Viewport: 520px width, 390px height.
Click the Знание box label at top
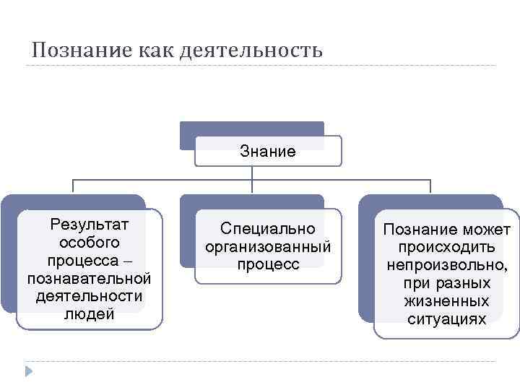(268, 152)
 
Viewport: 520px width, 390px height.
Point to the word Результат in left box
(89, 223)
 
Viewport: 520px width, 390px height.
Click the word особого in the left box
(89, 241)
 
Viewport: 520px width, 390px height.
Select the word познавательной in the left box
(89, 277)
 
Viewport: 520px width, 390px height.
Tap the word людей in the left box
(89, 313)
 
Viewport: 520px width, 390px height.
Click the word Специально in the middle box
(268, 229)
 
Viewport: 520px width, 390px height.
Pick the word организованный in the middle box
(268, 247)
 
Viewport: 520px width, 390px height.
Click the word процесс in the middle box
(268, 265)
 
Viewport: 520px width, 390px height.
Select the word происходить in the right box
(447, 248)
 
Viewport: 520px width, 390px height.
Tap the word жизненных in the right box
(447, 300)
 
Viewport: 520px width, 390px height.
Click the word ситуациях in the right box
(447, 318)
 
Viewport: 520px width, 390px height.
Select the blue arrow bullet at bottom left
(30, 372)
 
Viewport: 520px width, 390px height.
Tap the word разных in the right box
(467, 283)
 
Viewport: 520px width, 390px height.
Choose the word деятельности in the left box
(89, 295)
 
